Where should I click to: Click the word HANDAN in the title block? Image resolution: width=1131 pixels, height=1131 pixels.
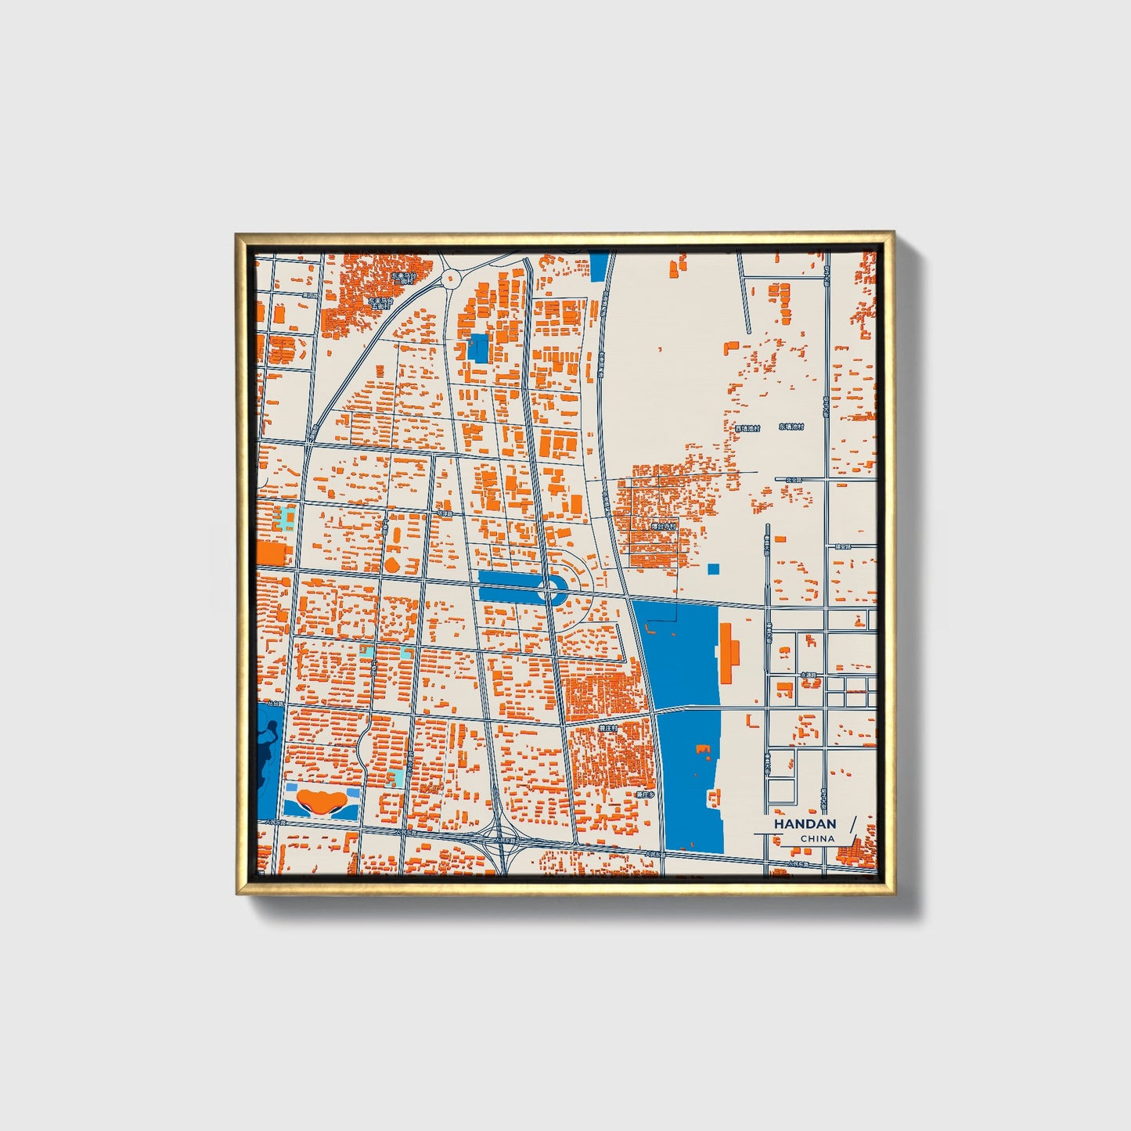[x=805, y=823]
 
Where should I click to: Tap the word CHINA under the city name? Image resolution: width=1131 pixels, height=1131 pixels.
[x=816, y=838]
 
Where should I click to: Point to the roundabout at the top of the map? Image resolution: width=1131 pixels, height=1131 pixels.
[x=451, y=277]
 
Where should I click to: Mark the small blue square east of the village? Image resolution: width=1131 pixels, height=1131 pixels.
[x=713, y=569]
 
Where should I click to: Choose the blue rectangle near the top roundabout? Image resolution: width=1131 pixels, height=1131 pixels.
[x=477, y=348]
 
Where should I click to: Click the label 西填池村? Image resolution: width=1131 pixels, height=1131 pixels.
[x=747, y=428]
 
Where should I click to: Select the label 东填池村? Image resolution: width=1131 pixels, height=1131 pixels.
[x=791, y=427]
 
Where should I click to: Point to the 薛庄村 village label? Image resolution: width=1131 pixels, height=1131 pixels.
[x=608, y=728]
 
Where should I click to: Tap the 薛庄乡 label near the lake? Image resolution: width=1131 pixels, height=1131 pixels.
[x=645, y=794]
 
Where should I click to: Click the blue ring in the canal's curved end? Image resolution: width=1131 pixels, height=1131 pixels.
[x=555, y=589]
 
